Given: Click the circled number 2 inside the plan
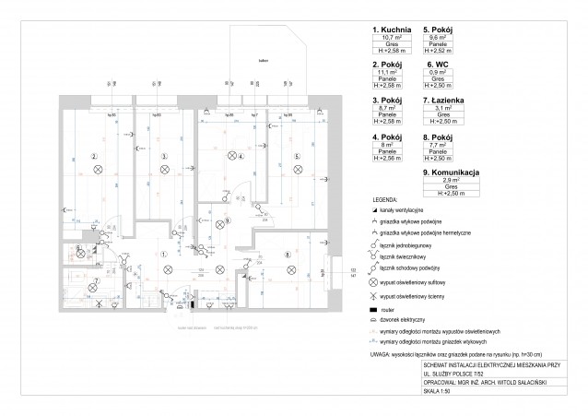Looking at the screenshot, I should [x=94, y=157].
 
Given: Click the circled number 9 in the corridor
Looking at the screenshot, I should [x=229, y=221].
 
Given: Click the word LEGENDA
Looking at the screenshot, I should [x=385, y=200].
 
